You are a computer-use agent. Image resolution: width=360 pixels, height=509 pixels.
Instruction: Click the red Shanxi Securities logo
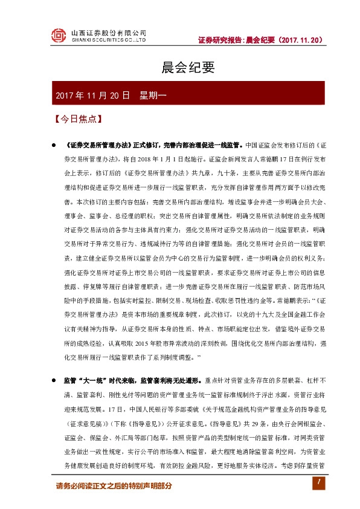(58, 36)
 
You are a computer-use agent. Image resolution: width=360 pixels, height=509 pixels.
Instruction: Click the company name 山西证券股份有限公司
(109, 32)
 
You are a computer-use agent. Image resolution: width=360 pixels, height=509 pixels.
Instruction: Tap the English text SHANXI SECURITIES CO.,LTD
(109, 41)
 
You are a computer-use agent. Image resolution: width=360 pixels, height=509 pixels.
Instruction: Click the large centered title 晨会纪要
(180, 68)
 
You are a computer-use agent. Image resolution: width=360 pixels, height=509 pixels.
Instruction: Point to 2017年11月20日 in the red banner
(92, 96)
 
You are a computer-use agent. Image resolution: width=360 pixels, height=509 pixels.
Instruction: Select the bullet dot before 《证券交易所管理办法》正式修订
(54, 146)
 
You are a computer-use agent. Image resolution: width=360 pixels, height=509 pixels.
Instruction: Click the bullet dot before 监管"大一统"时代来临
(54, 380)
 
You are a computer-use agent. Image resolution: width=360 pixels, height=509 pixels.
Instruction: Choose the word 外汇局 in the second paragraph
(142, 433)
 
